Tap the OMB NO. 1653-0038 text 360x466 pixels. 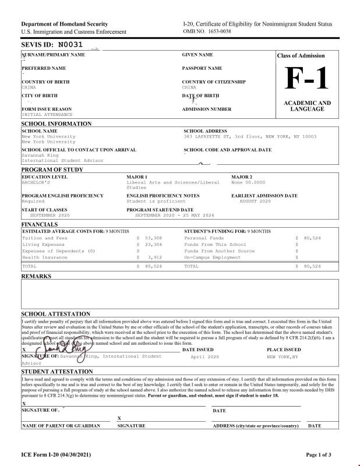[x=207, y=31]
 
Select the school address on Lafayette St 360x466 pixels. [x=250, y=136]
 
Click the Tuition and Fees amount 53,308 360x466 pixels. [x=153, y=238]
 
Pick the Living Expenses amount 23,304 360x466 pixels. [x=153, y=245]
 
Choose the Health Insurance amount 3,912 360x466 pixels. [x=154, y=257]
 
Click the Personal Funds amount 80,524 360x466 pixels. [x=312, y=238]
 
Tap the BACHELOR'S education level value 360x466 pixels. [x=36, y=182]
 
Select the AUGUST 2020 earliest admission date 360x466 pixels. [x=255, y=201]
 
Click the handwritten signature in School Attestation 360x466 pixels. [x=61, y=352]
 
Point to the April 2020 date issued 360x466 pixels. [x=204, y=356]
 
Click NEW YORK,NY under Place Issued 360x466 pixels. [x=283, y=356]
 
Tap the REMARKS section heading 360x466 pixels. [x=36, y=276]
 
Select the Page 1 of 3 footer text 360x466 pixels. [x=319, y=454]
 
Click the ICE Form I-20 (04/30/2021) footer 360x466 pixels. [x=56, y=454]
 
